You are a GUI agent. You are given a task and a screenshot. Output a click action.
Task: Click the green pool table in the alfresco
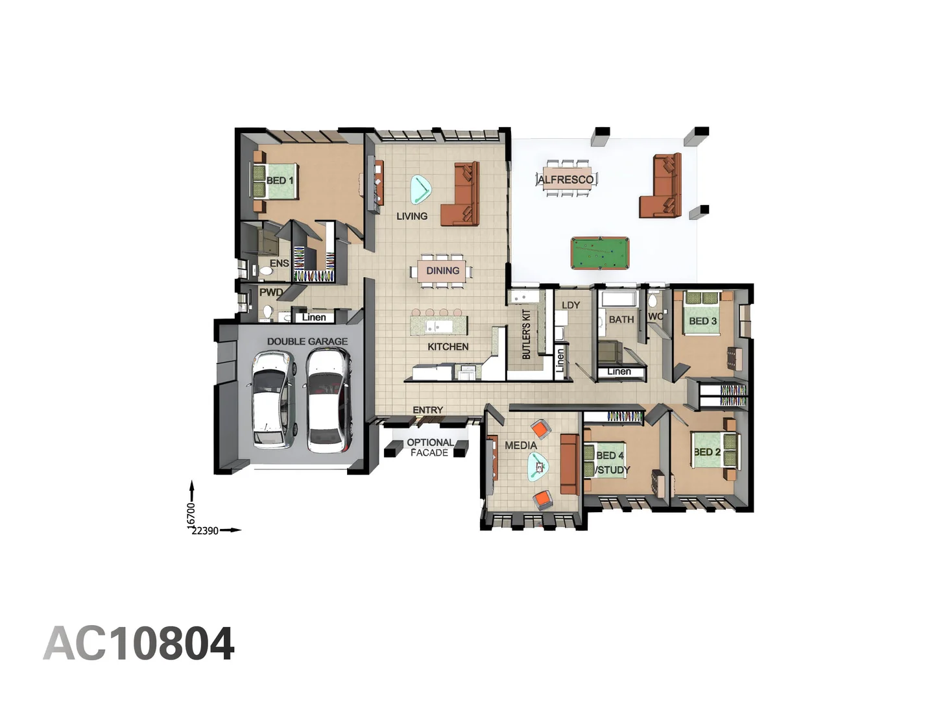pyautogui.click(x=600, y=253)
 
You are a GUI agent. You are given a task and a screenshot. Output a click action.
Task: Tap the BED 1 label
pyautogui.click(x=280, y=180)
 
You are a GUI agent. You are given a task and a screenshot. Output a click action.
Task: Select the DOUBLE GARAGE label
pyautogui.click(x=307, y=341)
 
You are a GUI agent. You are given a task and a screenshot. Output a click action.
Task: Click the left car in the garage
pyautogui.click(x=273, y=399)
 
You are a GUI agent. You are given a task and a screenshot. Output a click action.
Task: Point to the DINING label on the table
pyautogui.click(x=442, y=271)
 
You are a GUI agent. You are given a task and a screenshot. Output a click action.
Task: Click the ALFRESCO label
pyautogui.click(x=565, y=180)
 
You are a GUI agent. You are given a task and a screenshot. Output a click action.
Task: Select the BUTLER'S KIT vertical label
pyautogui.click(x=526, y=334)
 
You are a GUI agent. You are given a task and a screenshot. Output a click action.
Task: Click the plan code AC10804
pyautogui.click(x=139, y=644)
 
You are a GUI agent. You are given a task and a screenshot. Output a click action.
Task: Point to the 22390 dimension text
pyautogui.click(x=205, y=531)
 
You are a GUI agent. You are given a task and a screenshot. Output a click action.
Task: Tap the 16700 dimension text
pyautogui.click(x=191, y=515)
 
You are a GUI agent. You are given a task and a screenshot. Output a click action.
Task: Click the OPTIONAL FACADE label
pyautogui.click(x=430, y=448)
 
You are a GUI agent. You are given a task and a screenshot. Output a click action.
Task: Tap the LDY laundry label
pyautogui.click(x=571, y=305)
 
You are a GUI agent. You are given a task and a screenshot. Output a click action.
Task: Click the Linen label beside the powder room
pyautogui.click(x=314, y=317)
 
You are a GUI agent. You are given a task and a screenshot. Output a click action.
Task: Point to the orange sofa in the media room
pyautogui.click(x=569, y=463)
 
